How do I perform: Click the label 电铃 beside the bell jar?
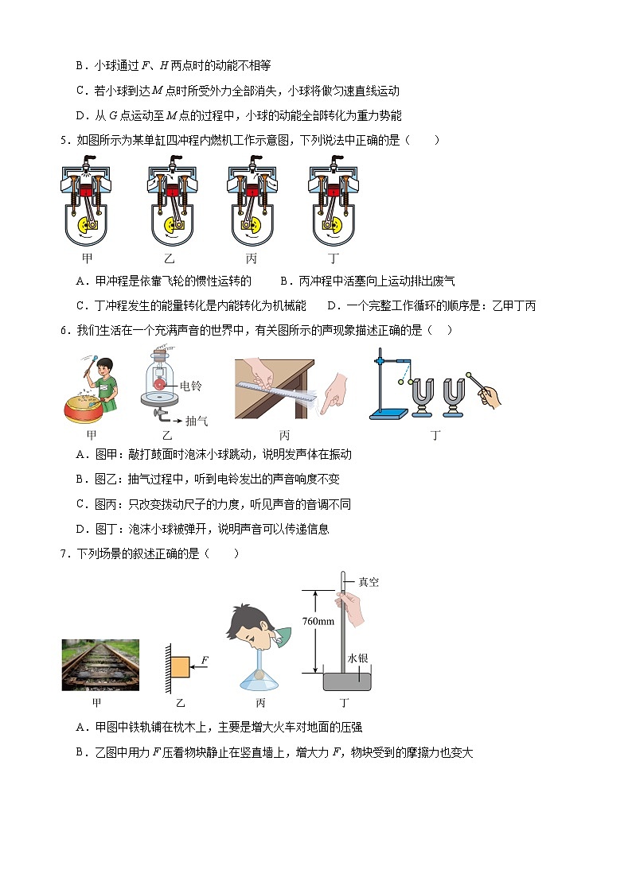[x=191, y=386]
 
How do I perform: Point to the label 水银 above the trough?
[x=357, y=658]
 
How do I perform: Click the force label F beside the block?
[x=205, y=660]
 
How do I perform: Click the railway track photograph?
[x=100, y=665]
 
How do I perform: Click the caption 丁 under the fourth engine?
[x=334, y=259]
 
